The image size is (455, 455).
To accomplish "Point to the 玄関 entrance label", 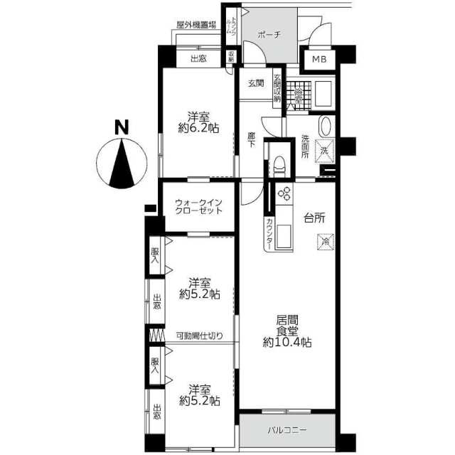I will click(x=256, y=83).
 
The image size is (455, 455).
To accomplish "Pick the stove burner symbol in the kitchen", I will click(x=284, y=194).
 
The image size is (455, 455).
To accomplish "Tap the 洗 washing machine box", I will click(x=323, y=151).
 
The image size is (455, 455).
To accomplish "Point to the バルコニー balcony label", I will click(x=287, y=431).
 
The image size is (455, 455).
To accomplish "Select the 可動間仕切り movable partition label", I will click(x=199, y=336).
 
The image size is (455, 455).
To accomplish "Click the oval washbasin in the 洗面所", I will click(x=325, y=126).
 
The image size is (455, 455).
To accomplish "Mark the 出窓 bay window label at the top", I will click(x=198, y=59).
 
